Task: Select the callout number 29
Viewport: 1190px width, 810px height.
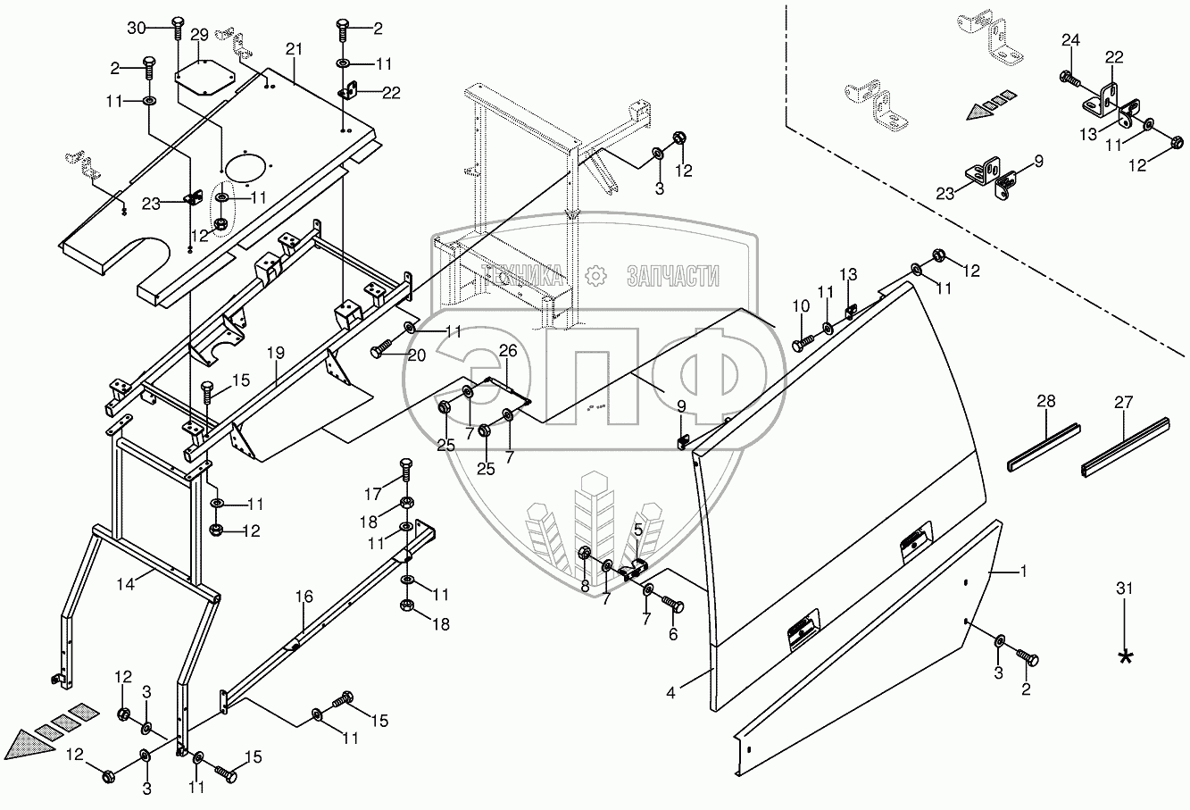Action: pyautogui.click(x=198, y=35)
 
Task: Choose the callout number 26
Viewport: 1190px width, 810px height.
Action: pyautogui.click(x=507, y=351)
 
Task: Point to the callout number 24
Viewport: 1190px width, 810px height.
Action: pyautogui.click(x=1070, y=39)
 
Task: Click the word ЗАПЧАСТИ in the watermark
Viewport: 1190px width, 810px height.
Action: pyautogui.click(x=673, y=277)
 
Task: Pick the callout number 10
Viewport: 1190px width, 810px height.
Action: pyautogui.click(x=800, y=306)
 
